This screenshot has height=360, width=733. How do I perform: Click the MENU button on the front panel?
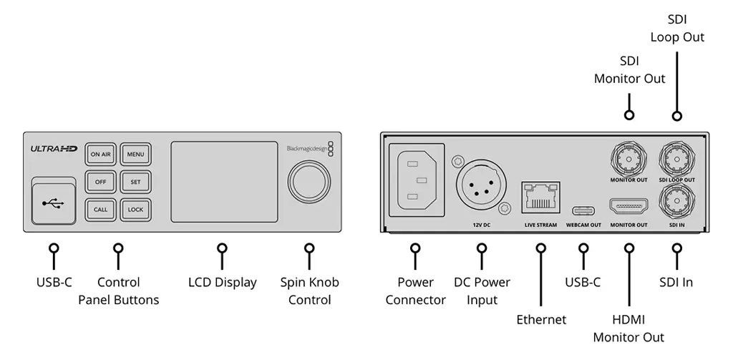pyautogui.click(x=135, y=154)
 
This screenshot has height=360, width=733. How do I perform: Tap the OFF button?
pyautogui.click(x=100, y=182)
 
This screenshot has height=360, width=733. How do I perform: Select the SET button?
pyautogui.click(x=135, y=182)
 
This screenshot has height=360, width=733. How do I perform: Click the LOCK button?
pyautogui.click(x=135, y=210)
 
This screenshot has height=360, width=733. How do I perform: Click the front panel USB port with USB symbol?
pyautogui.click(x=53, y=203)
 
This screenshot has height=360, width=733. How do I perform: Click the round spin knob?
pyautogui.click(x=309, y=180)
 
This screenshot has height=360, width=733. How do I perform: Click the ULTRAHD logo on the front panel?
pyautogui.click(x=54, y=149)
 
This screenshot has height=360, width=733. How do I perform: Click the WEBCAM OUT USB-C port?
pyautogui.click(x=583, y=211)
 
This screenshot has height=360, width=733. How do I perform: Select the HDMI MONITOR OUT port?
pyautogui.click(x=629, y=207)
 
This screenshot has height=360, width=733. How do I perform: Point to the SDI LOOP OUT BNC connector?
pyautogui.click(x=676, y=157)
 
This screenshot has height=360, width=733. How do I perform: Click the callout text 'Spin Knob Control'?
pyautogui.click(x=309, y=291)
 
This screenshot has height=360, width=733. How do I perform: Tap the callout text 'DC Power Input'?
pyautogui.click(x=482, y=291)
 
